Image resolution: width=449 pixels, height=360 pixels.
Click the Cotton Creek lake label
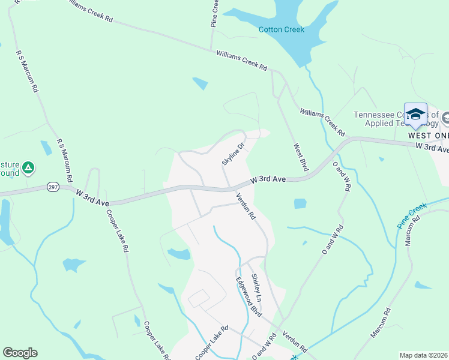click(x=281, y=29)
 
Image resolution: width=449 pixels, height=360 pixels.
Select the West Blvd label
click(x=300, y=157)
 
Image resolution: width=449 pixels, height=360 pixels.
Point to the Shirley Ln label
click(x=256, y=287)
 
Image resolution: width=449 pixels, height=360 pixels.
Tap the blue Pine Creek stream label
click(x=412, y=214)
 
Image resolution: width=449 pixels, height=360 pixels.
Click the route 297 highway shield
click(x=53, y=187)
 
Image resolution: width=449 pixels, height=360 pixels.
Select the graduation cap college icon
click(x=415, y=114)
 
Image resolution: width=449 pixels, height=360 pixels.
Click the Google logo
click(x=20, y=353)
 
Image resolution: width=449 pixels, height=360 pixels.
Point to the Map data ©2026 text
click(x=423, y=355)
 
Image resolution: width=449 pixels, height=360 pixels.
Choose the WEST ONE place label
click(x=427, y=136)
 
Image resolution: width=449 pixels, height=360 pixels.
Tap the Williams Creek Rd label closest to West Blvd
click(x=322, y=122)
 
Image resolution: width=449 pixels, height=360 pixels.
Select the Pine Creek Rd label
click(x=214, y=13)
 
